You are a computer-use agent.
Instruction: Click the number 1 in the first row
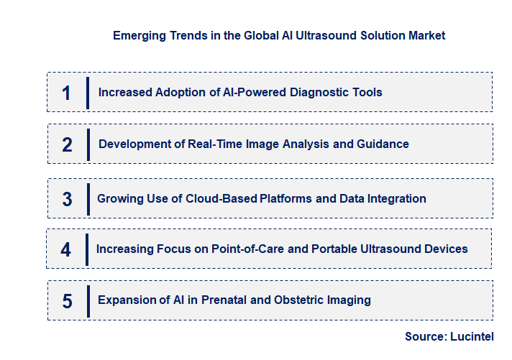(66, 93)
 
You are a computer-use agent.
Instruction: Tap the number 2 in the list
(67, 144)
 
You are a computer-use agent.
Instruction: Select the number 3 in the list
(67, 199)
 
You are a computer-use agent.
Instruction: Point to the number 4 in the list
(66, 249)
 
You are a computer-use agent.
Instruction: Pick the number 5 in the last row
(67, 300)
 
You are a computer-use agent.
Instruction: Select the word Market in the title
(426, 35)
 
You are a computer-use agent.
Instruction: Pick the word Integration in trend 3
(395, 198)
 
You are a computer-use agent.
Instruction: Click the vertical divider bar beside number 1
(88, 93)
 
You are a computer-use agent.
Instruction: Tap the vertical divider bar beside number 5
(88, 300)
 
